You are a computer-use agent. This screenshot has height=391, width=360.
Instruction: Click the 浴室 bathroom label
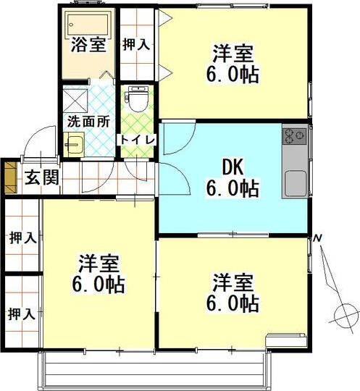tap(89, 45)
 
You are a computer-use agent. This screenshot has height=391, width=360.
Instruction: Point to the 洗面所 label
tap(89, 122)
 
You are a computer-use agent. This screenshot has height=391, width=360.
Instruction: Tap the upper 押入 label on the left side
tap(21, 237)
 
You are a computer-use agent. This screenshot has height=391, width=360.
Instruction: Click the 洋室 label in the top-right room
tap(232, 53)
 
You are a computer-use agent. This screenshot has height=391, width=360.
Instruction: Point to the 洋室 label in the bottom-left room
tap(99, 261)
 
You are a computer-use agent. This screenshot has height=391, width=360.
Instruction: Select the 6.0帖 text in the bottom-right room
tap(232, 303)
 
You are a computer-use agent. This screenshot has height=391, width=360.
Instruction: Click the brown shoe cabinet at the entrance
tap(10, 176)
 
